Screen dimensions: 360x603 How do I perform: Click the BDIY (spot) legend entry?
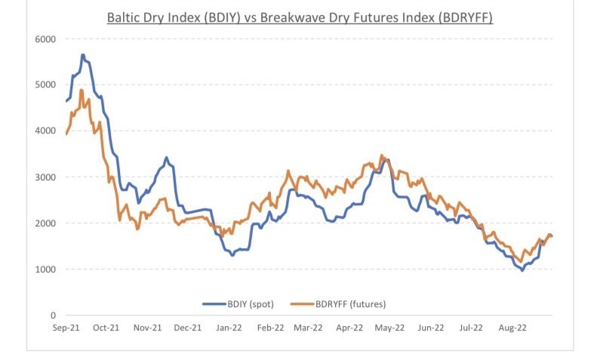[240, 303]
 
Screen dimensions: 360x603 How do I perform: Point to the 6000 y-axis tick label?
[46, 38]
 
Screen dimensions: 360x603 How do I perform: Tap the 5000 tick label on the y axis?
[46, 85]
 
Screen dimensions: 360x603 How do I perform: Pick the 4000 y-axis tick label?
[46, 131]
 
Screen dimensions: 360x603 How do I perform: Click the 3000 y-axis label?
[46, 177]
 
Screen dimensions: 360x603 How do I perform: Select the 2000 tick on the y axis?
[46, 223]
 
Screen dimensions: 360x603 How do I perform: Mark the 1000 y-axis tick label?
[46, 269]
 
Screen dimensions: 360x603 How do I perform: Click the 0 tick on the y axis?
[53, 315]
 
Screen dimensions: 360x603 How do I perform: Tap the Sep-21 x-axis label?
[66, 328]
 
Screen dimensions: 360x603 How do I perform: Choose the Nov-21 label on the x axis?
[148, 328]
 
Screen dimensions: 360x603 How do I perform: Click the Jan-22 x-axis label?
[229, 328]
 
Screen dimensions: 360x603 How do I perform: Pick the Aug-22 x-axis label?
[512, 328]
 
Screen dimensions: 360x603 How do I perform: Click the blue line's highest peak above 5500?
[83, 55]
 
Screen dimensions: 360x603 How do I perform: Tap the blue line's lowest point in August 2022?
[522, 270]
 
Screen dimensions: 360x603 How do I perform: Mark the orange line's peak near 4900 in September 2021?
[81, 91]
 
